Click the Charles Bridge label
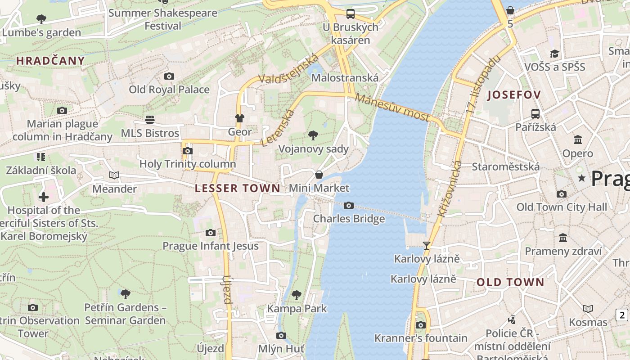pos(349,219)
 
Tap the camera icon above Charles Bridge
pos(348,206)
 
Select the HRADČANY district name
pos(50,61)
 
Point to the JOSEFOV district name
pos(513,94)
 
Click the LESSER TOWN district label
pos(238,188)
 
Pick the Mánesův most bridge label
pos(392,107)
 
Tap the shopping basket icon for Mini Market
pos(319,175)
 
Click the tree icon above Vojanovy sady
pos(313,135)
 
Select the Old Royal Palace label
pos(169,89)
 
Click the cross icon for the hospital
pos(44,197)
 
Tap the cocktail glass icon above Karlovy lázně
pos(427,246)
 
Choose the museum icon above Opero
pos(578,140)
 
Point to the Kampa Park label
pos(297,309)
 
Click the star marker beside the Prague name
pos(582,178)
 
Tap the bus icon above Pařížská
pos(535,114)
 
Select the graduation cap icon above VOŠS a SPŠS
pos(554,54)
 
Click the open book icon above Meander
pos(114,175)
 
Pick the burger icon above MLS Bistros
pos(150,120)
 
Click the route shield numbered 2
pos(622,315)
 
